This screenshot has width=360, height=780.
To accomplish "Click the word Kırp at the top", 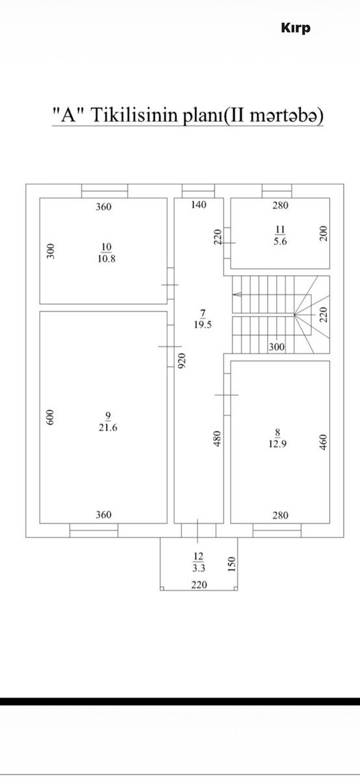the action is pos(296,29).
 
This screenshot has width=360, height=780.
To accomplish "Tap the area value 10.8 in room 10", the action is pos(107,259).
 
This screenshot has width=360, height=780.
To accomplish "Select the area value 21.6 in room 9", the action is pos(108,427).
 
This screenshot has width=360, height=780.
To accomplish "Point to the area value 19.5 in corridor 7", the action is pos(203,324).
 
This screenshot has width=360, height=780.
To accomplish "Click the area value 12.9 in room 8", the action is pos(277,444).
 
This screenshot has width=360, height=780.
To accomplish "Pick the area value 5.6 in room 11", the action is pos(280,241).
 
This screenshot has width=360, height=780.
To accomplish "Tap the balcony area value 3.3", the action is pos(199,568).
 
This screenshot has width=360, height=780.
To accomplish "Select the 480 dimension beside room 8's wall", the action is pos(217,439).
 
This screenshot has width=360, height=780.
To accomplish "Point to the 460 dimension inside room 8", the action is pos(324,442).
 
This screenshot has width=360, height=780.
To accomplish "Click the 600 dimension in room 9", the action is pos(51,417).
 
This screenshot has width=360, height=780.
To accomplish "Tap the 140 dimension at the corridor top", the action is pos(199,204).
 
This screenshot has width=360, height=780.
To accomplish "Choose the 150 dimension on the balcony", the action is pos(232,564).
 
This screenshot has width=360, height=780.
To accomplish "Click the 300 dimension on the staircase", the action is pos(276,347).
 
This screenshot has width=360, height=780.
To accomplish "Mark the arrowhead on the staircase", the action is pos(237,294).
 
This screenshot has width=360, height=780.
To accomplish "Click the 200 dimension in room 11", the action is pos(324,233).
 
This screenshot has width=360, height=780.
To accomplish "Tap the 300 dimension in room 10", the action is pos(51,251).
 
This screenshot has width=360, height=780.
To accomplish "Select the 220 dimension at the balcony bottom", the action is pos(199,584).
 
